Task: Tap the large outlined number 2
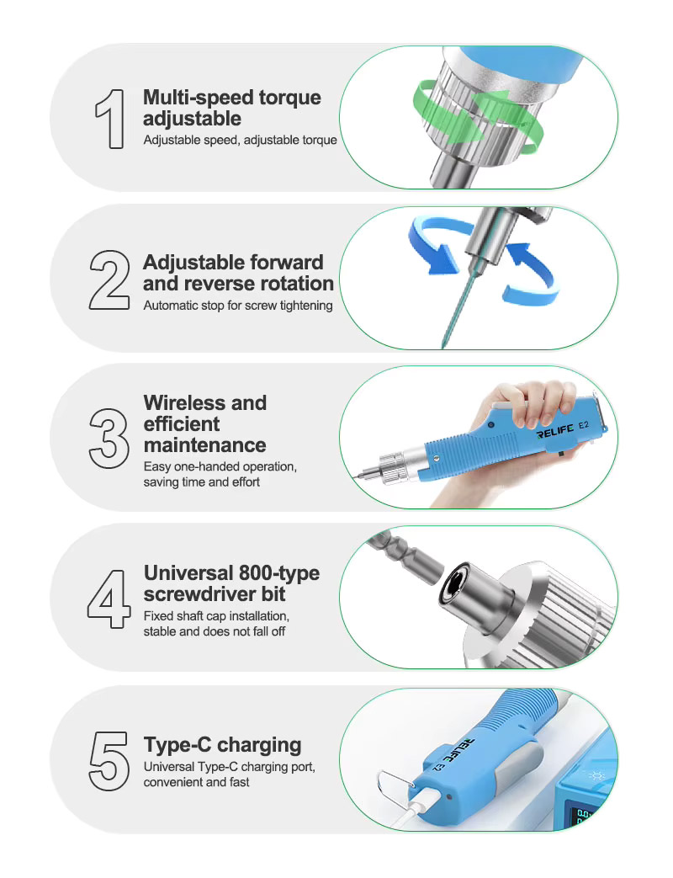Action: [109, 280]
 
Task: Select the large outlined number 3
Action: [109, 439]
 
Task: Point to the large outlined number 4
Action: [109, 599]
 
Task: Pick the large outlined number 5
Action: [109, 761]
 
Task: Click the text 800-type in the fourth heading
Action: [278, 572]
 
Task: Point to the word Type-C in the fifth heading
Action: [178, 745]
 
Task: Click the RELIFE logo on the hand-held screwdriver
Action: [555, 431]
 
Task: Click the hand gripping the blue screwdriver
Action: [525, 404]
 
